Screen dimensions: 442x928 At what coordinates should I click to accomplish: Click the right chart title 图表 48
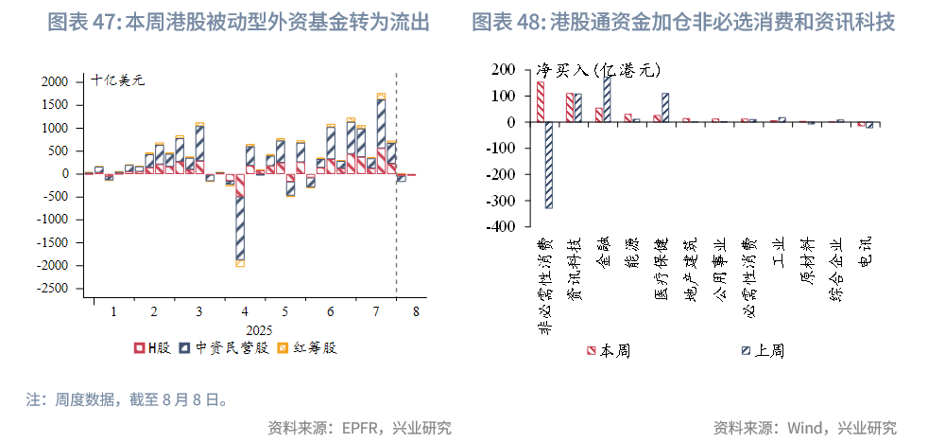click(683, 22)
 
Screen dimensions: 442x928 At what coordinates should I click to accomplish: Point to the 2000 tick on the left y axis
click(56, 82)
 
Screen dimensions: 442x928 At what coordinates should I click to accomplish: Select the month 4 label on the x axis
click(245, 311)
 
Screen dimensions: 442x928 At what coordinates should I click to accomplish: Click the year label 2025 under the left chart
click(258, 330)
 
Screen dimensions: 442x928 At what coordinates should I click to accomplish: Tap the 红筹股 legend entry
click(308, 348)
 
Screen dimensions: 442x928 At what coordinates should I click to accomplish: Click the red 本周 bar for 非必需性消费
click(541, 101)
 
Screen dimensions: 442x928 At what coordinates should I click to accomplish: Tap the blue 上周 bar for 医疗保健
click(665, 107)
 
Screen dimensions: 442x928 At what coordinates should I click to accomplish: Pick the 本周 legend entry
click(610, 351)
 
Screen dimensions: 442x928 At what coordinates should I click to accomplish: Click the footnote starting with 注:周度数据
click(127, 399)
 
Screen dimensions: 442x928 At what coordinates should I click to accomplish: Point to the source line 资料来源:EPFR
click(359, 427)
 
